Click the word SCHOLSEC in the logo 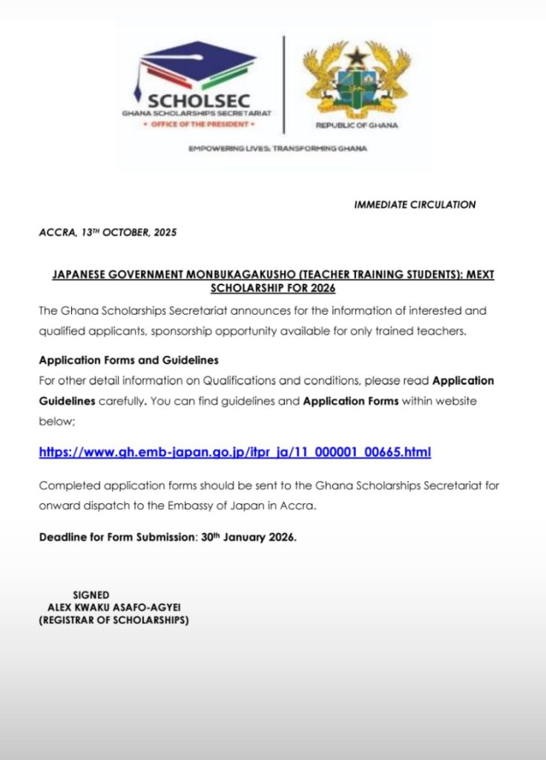pyautogui.click(x=199, y=101)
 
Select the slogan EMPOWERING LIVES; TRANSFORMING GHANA pyautogui.click(x=277, y=148)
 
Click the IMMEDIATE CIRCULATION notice pyautogui.click(x=415, y=205)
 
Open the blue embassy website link pyautogui.click(x=234, y=452)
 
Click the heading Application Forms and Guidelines pyautogui.click(x=128, y=361)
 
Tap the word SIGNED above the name pyautogui.click(x=91, y=594)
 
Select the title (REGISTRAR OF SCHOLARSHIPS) pyautogui.click(x=114, y=620)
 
